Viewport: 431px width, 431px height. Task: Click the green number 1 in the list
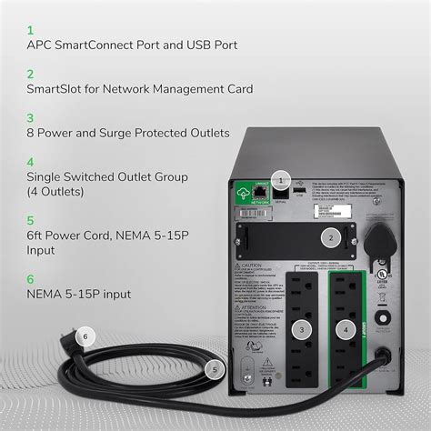30,28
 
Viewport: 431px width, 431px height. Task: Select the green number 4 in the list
30,161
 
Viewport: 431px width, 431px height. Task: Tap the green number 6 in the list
30,279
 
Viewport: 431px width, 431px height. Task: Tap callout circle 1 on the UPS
283,180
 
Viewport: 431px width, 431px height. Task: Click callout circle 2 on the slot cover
333,239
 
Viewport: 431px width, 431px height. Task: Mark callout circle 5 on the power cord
215,369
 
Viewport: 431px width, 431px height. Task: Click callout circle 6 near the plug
85,336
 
